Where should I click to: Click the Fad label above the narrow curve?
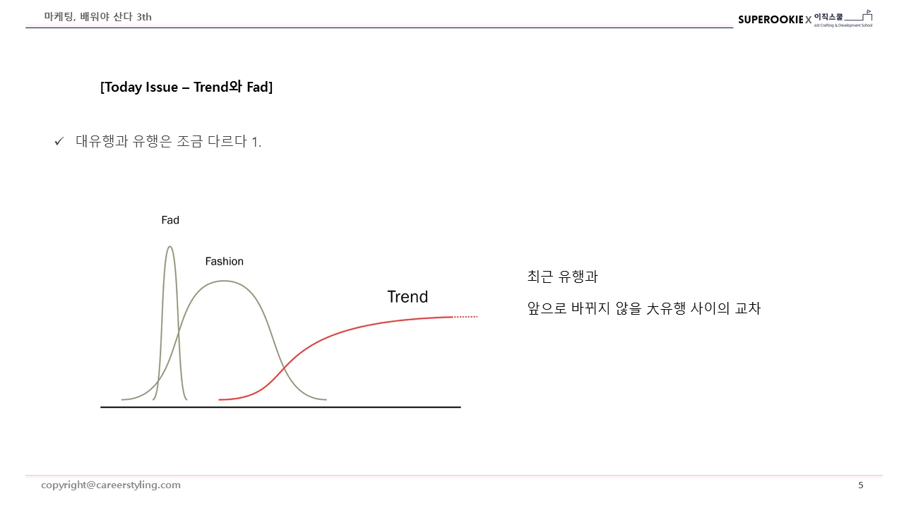(x=170, y=220)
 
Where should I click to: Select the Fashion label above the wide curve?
(x=224, y=262)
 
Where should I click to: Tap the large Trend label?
(x=408, y=297)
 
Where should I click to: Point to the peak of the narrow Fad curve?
(x=169, y=247)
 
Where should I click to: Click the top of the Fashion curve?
(x=224, y=281)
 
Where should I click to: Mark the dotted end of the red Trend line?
(x=466, y=317)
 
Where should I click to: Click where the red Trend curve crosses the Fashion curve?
(x=284, y=368)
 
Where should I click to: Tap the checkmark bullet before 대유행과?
(x=59, y=142)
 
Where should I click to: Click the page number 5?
(x=860, y=485)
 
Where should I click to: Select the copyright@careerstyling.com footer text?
(x=111, y=485)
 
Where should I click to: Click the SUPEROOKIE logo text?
(x=771, y=20)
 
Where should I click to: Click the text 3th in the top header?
(x=144, y=17)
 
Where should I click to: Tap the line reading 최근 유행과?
(x=562, y=277)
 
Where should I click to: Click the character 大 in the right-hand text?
(x=653, y=308)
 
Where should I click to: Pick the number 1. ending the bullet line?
(x=256, y=142)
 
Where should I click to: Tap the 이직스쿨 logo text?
(x=828, y=16)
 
